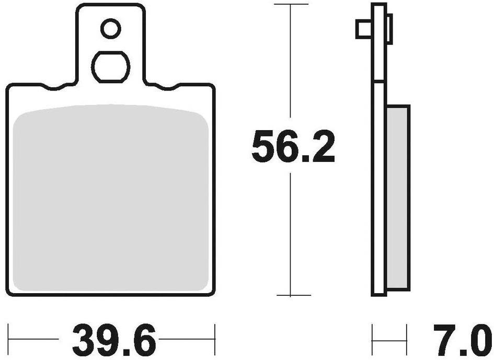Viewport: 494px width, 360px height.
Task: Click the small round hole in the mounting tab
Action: click(110, 29)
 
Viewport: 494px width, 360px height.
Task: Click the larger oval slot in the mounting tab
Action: click(110, 66)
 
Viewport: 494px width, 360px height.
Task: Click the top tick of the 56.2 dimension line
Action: click(290, 5)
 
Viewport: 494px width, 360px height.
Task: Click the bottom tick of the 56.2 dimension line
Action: click(290, 295)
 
